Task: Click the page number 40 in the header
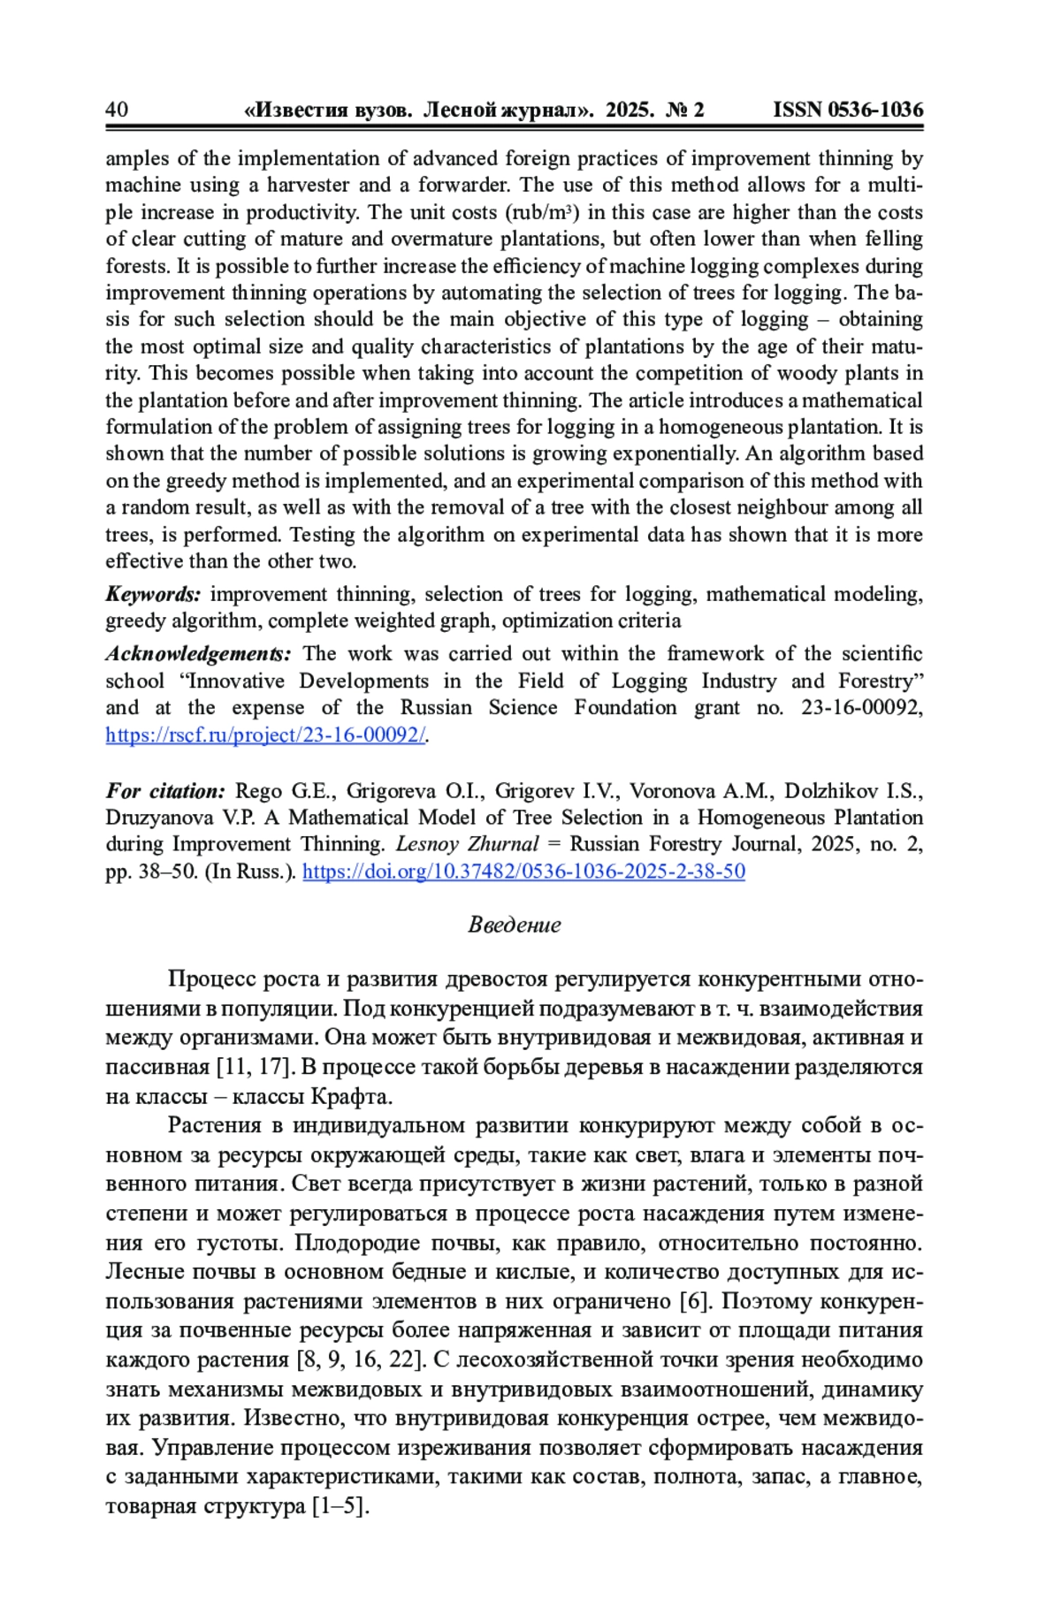pyautogui.click(x=116, y=110)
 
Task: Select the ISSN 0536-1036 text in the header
pyautogui.click(x=847, y=110)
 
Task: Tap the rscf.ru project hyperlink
pyautogui.click(x=265, y=735)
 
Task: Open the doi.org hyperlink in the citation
pyautogui.click(x=523, y=872)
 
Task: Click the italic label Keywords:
pyautogui.click(x=154, y=594)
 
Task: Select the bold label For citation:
pyautogui.click(x=165, y=791)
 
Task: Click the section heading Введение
pyautogui.click(x=515, y=925)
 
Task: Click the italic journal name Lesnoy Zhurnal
pyautogui.click(x=467, y=844)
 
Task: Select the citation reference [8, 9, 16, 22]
pyautogui.click(x=362, y=1359)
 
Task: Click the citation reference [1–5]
pyautogui.click(x=339, y=1506)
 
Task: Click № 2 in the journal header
pyautogui.click(x=685, y=110)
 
